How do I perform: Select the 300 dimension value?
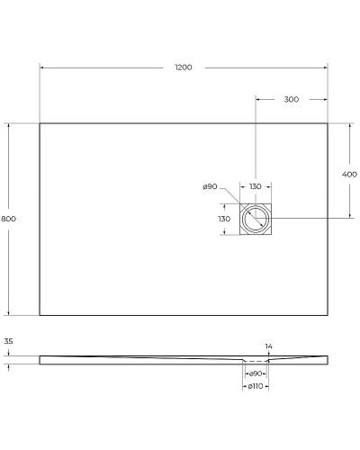pyautogui.click(x=291, y=99)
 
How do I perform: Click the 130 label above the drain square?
pyautogui.click(x=256, y=186)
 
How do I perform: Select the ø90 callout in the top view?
pyautogui.click(x=210, y=186)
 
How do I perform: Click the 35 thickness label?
pyautogui.click(x=8, y=342)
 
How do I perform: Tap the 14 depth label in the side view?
pyautogui.click(x=268, y=346)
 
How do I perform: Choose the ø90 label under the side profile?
pyautogui.click(x=256, y=373)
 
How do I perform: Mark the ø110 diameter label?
pyautogui.click(x=256, y=387)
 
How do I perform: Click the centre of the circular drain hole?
pyautogui.click(x=256, y=219)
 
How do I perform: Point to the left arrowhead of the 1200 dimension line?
pyautogui.click(x=41, y=67)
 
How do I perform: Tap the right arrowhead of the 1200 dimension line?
pyautogui.click(x=326, y=67)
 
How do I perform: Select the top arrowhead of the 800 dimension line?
pyautogui.click(x=10, y=125)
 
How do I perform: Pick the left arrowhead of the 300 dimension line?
pyautogui.click(x=258, y=99)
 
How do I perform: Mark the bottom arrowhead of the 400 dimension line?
pyautogui.click(x=351, y=217)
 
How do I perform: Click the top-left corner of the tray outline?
pyautogui.click(x=40, y=123)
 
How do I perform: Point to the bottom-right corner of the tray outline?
pyautogui.click(x=328, y=315)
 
